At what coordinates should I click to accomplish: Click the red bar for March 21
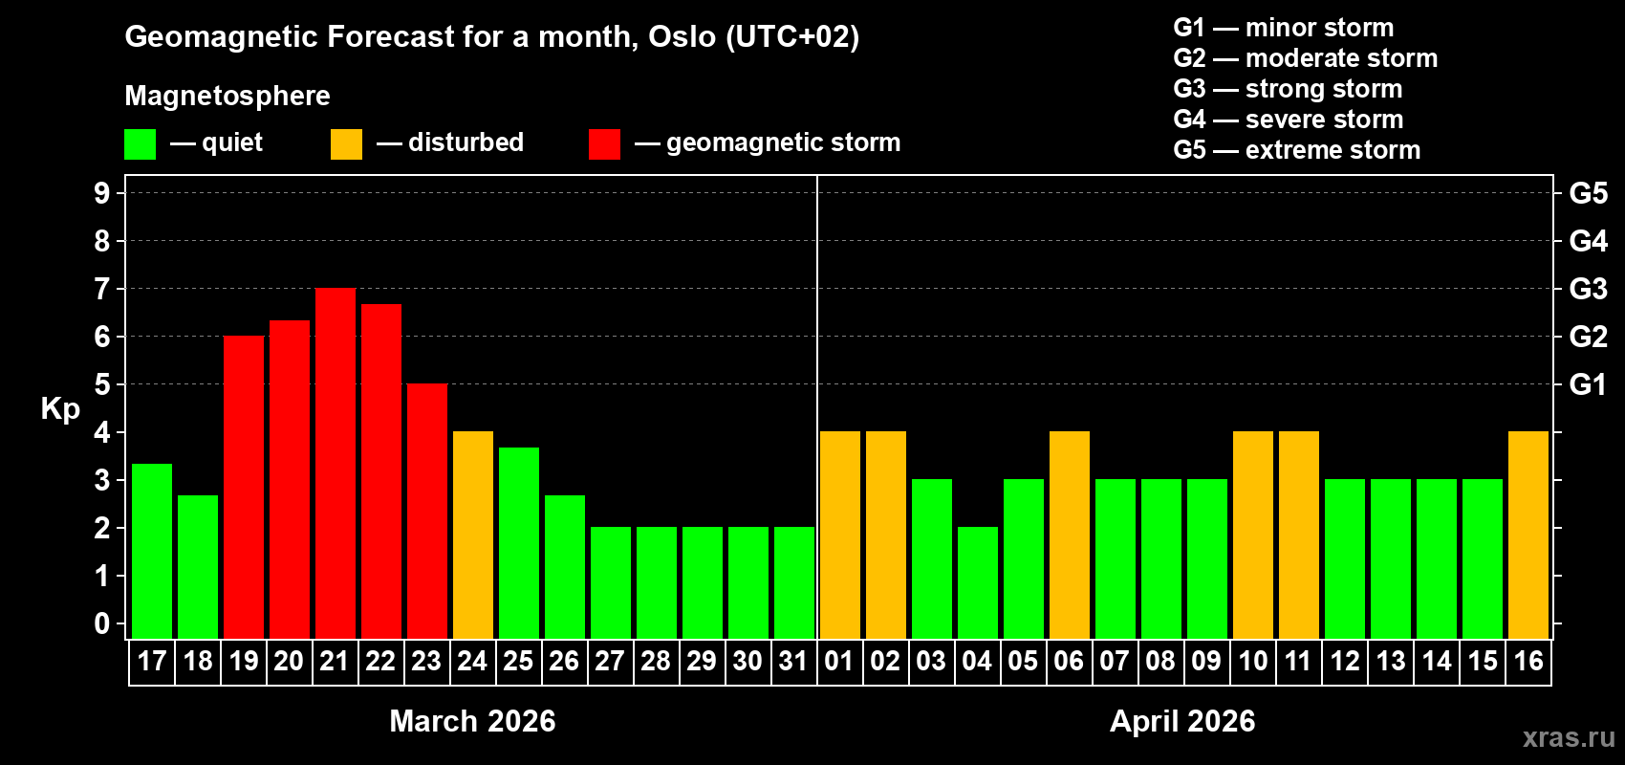(x=336, y=464)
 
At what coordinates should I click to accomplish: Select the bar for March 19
(x=244, y=488)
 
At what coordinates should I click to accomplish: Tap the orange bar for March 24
(x=473, y=535)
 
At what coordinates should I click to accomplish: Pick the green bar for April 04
(x=978, y=583)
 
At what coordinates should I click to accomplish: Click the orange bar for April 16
(x=1528, y=535)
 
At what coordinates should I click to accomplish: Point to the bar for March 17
(x=152, y=552)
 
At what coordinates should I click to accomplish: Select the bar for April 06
(x=1070, y=535)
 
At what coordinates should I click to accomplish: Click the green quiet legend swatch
(x=140, y=144)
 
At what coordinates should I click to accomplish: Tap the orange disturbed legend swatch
(x=346, y=144)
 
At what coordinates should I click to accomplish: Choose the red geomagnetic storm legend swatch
(x=604, y=144)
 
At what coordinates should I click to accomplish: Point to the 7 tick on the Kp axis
(x=102, y=289)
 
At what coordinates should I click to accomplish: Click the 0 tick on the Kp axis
(x=102, y=624)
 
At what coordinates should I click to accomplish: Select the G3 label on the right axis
(x=1588, y=289)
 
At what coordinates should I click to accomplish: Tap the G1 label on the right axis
(x=1588, y=384)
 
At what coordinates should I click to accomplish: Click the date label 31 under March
(x=793, y=662)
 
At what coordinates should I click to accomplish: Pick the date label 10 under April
(x=1252, y=662)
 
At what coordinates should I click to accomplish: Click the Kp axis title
(x=60, y=409)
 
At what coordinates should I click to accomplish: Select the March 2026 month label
(x=472, y=721)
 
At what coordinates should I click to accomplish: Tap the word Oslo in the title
(x=682, y=37)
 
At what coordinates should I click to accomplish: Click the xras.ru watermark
(x=1569, y=737)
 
